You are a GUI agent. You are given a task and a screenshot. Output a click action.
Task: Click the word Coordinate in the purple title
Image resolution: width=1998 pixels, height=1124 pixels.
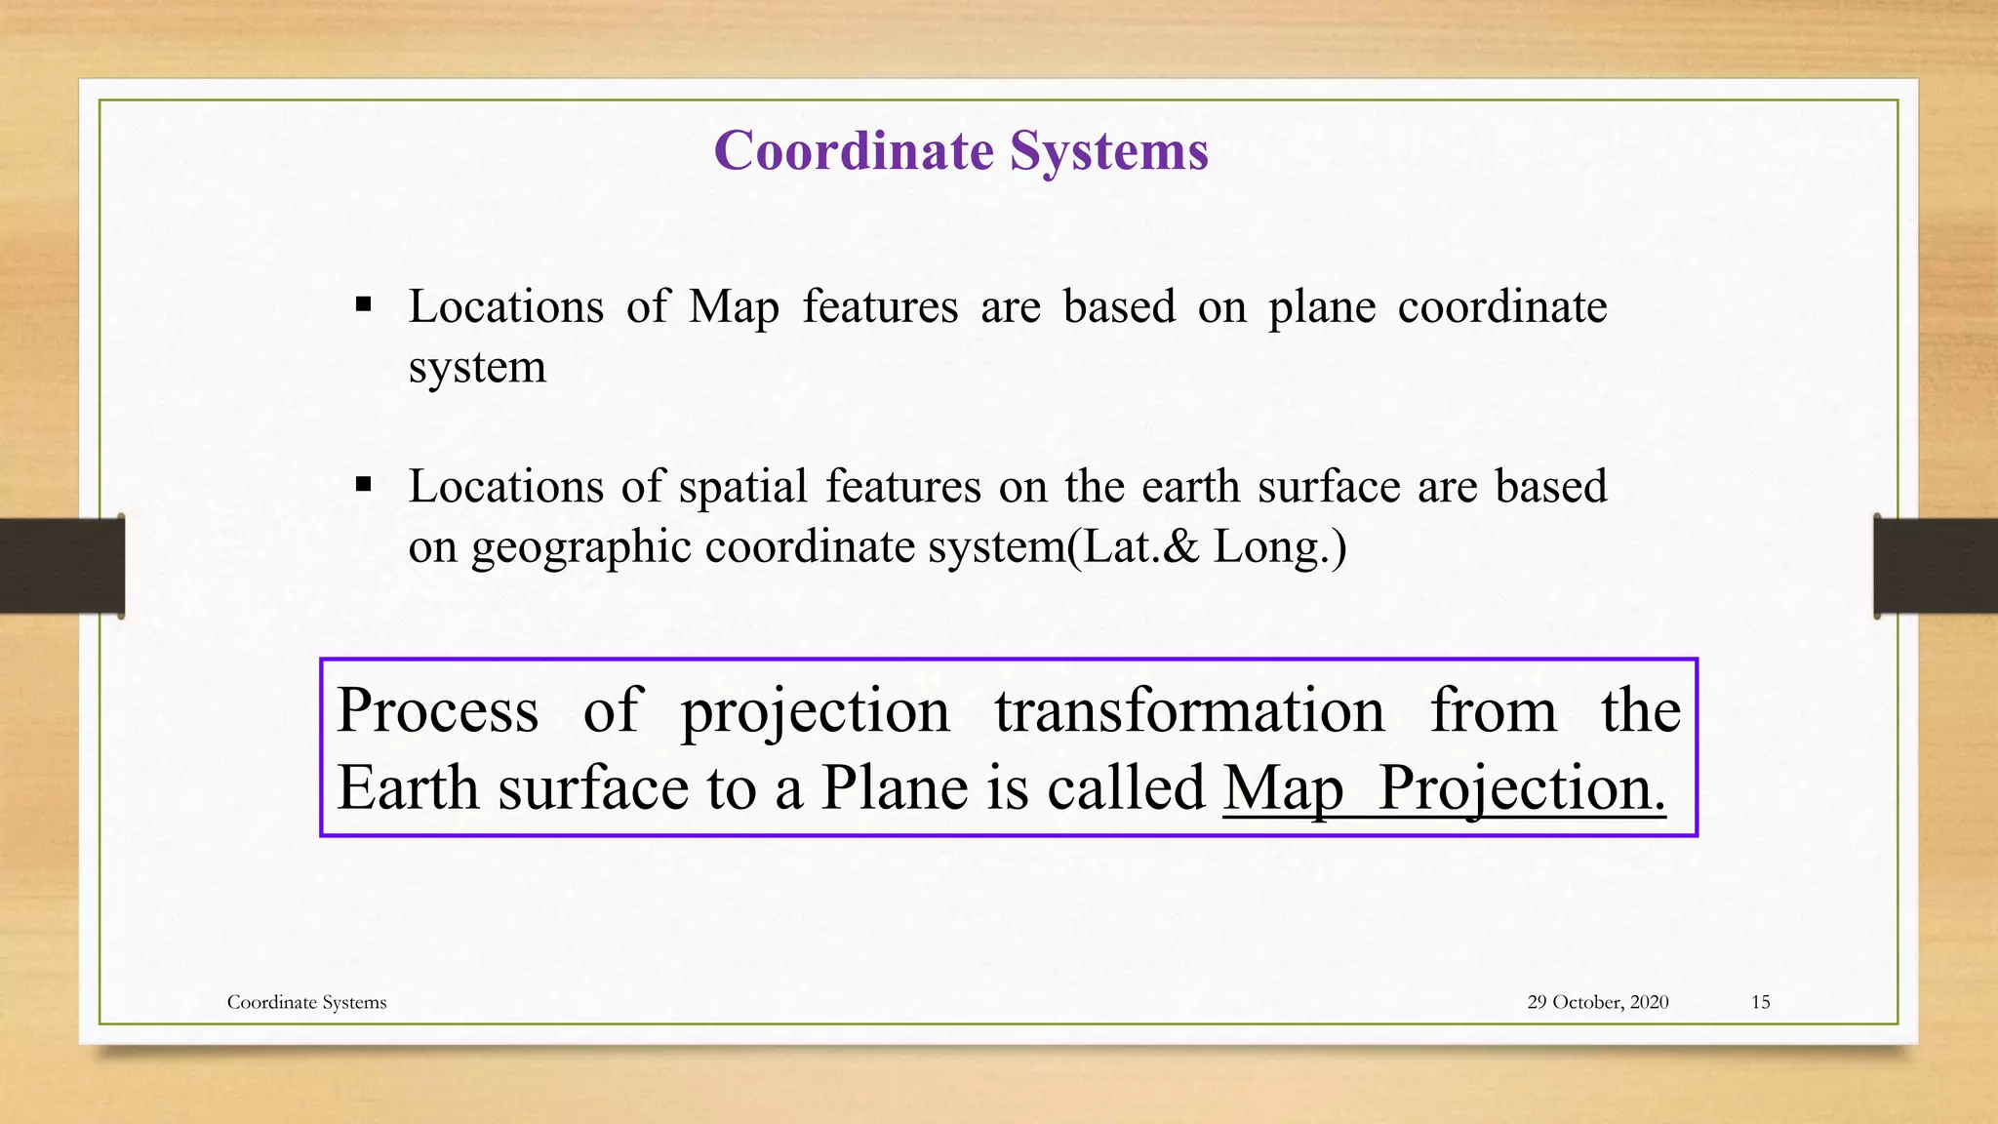coord(854,152)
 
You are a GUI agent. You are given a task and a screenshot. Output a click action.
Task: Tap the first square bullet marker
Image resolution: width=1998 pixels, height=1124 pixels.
coord(364,305)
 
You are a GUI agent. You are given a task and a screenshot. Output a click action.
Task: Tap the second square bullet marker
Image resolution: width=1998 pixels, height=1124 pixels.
coord(364,484)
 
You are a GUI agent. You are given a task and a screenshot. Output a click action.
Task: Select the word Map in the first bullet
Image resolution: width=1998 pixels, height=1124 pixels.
coord(734,308)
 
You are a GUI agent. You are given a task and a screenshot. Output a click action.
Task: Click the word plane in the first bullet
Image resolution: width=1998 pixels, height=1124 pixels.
coord(1322,308)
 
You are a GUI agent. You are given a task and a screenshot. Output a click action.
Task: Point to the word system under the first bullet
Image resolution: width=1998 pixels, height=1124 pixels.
coord(477,369)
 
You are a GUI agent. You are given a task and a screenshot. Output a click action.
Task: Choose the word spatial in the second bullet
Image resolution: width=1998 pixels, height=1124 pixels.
coord(742,488)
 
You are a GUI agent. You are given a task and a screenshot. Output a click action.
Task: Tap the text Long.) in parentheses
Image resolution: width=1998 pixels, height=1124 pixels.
coord(1279,546)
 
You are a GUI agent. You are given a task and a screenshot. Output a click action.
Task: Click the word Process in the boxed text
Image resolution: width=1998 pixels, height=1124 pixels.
coord(438,710)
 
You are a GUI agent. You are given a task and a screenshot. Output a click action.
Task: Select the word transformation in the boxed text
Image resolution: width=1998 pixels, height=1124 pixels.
coord(1190,710)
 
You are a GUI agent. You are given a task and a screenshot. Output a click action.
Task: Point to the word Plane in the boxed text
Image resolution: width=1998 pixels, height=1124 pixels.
coord(895,788)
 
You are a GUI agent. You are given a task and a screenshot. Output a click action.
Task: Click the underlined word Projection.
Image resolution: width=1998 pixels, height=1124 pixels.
coord(1522,788)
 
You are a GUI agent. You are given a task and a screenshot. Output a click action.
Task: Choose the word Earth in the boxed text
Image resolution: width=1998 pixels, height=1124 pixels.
coord(409,788)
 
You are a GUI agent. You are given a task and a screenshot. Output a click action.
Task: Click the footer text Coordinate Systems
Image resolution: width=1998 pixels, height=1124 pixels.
coord(306,1002)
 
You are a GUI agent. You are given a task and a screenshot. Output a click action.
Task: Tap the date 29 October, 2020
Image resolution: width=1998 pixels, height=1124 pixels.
coord(1597,1002)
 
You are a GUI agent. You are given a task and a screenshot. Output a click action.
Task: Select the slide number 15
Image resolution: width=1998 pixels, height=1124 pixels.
coord(1760,1002)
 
